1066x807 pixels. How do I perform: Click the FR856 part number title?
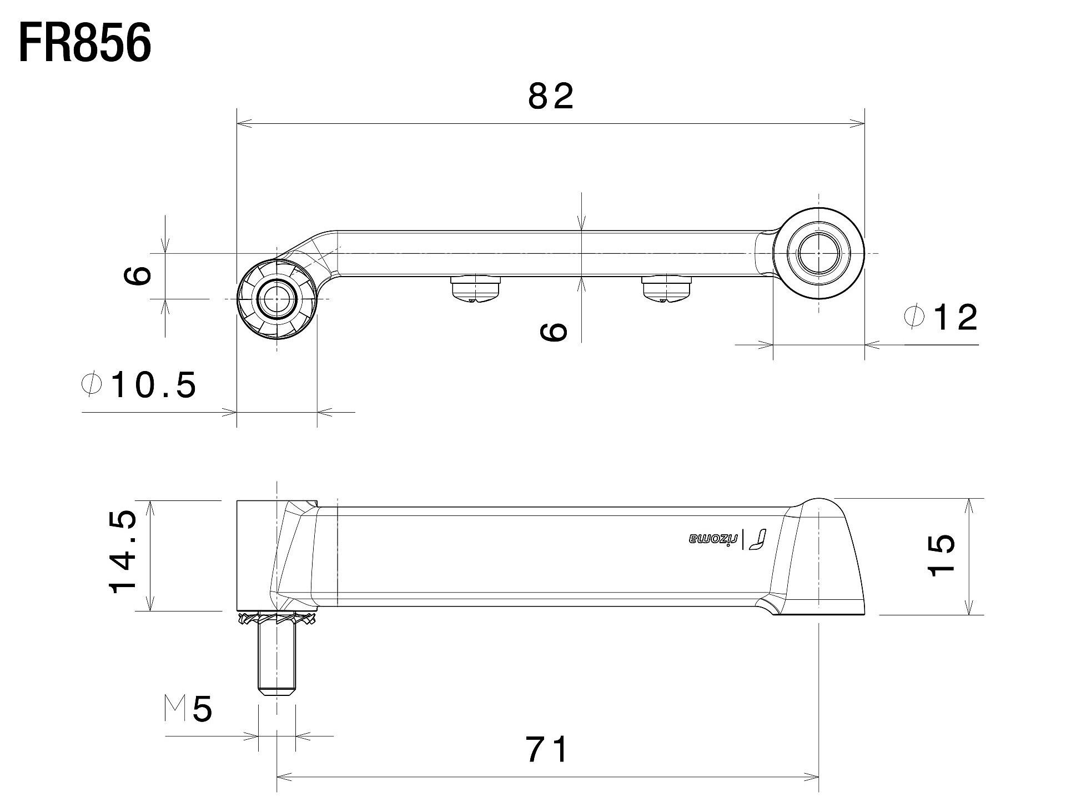coord(85,43)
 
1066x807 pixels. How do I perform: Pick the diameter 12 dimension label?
coord(941,318)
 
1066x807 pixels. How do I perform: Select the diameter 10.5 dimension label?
coord(139,385)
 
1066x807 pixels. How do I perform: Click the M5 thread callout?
coord(189,709)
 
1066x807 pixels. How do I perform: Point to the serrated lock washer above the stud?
coord(276,619)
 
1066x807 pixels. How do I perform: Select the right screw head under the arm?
coord(666,289)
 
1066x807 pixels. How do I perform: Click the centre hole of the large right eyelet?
coord(819,253)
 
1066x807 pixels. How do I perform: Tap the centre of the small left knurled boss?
coord(276,299)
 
